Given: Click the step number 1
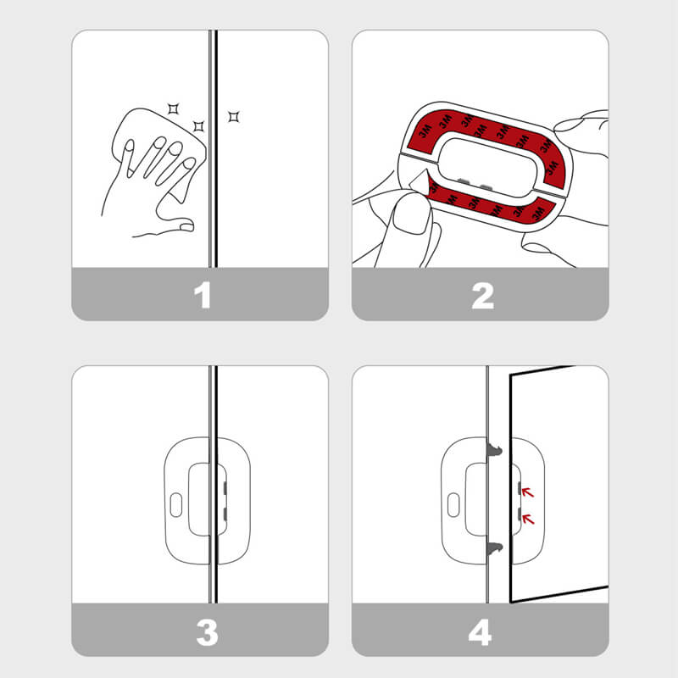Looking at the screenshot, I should coord(202,295).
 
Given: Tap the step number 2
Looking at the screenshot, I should coord(481,295).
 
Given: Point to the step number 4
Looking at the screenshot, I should coord(481,631).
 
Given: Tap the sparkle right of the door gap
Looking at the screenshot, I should coord(234,116).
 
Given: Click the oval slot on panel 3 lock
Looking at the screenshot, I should coord(176,505).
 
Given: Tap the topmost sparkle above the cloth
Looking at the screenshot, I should coord(174,107).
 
